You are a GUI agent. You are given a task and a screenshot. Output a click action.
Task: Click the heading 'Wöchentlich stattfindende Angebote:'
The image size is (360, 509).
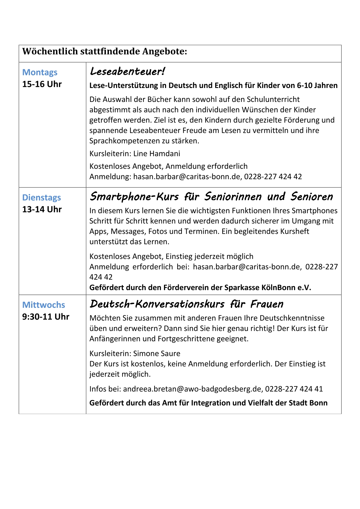[105, 51]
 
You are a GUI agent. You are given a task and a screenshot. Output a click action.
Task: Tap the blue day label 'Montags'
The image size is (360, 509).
[40, 72]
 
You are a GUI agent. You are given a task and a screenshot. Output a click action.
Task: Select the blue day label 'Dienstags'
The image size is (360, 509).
[41, 197]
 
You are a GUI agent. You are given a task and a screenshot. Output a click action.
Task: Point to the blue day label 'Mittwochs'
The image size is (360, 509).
[44, 305]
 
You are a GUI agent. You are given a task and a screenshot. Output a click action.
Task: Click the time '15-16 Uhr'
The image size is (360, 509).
[42, 84]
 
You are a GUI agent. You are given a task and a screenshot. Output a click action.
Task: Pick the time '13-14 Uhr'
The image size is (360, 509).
[42, 209]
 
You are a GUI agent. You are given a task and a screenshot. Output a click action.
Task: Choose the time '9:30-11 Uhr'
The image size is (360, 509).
[46, 317]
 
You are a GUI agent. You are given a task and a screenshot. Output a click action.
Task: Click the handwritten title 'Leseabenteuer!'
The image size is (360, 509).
[127, 72]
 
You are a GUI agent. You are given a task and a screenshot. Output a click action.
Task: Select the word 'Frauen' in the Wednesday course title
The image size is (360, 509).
[267, 304]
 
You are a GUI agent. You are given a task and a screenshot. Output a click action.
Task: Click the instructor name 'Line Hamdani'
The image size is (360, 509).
[157, 154]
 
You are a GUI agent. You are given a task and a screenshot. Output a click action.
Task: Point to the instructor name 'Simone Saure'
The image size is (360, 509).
[157, 354]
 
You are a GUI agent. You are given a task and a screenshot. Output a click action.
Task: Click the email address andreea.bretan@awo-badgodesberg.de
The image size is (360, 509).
[192, 389]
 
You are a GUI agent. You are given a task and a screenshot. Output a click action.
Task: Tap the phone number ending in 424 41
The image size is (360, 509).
[294, 389]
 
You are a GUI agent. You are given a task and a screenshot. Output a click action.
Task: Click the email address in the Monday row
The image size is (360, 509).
[187, 177]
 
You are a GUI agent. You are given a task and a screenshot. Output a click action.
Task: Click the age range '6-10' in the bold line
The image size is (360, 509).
[306, 86]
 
